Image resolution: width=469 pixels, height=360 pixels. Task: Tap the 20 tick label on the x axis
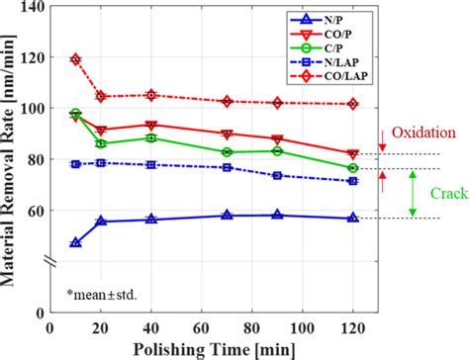(x=100, y=327)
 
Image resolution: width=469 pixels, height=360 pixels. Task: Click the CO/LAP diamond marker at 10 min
(x=76, y=59)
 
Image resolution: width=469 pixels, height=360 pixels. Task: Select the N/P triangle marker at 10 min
(x=76, y=242)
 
